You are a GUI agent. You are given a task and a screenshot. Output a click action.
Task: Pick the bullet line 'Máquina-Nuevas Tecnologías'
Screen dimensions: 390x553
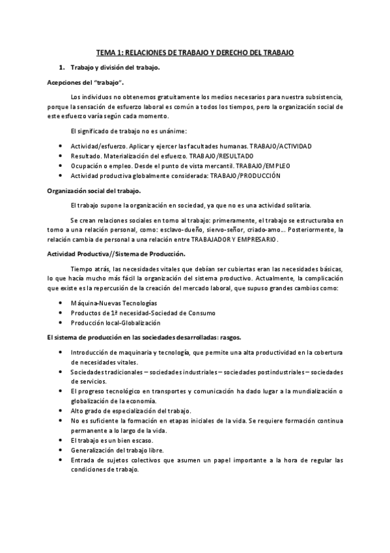pos(114,303)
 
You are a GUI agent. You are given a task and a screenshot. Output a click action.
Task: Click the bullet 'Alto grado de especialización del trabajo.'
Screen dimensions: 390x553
pos(131,410)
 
